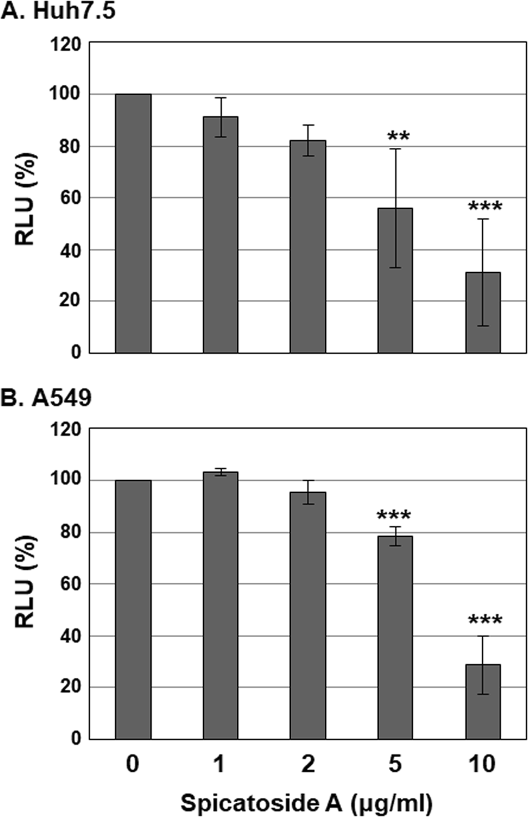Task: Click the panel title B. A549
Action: coord(46,398)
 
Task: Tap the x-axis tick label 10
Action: coord(482,764)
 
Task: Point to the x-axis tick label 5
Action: coord(395,764)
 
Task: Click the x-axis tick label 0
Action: coord(133,764)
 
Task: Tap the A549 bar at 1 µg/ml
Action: coord(220,605)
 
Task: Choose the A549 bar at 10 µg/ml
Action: coord(483,702)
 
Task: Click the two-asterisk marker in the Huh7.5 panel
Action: coord(398,137)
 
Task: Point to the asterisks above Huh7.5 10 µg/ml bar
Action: coord(485,207)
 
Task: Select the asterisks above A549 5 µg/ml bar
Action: coord(394,515)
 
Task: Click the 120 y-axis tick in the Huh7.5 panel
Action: coord(66,44)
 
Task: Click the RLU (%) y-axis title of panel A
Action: coord(25,199)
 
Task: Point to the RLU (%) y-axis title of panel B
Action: coord(25,583)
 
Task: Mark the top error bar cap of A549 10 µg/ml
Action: coord(483,636)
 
